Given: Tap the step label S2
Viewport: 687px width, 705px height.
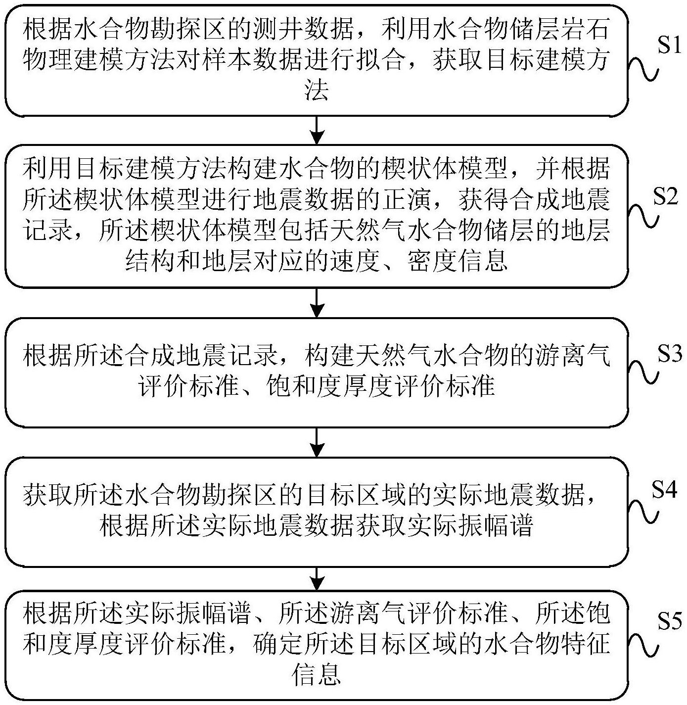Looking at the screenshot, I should point(665,197).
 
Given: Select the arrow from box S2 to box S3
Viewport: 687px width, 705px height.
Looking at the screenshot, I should point(317,302).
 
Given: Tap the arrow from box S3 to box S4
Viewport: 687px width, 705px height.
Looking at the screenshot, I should point(317,442).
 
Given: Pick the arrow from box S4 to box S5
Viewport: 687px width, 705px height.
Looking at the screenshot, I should point(317,579).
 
